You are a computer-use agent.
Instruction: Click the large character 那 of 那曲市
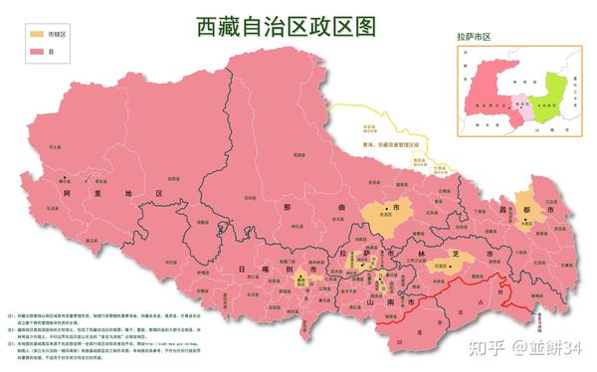click(x=287, y=207)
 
